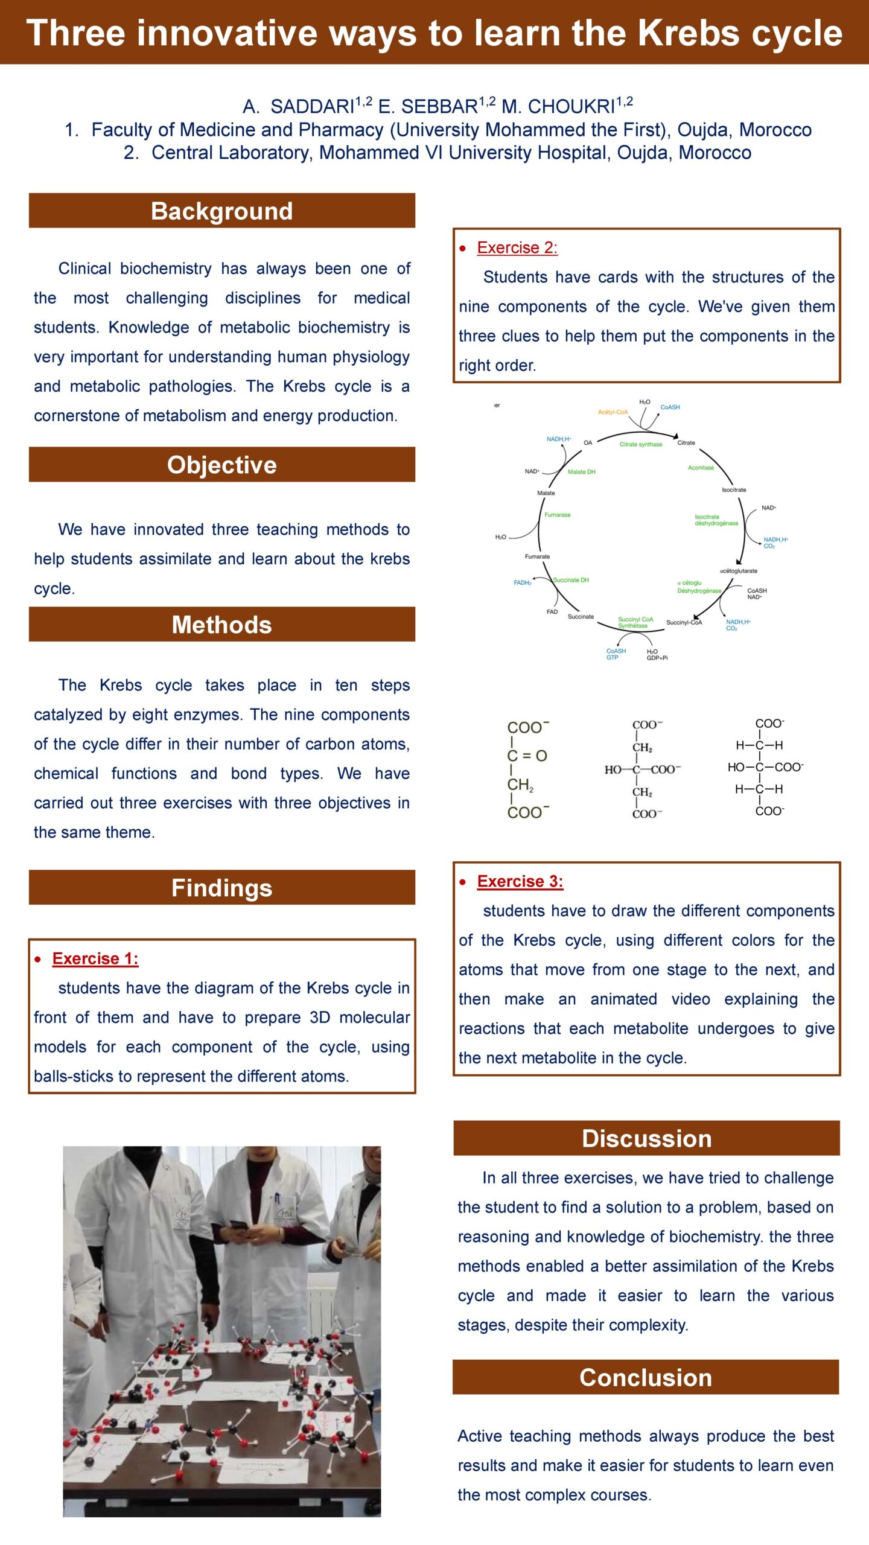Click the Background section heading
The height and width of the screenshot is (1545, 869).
221,211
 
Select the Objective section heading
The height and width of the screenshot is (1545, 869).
221,465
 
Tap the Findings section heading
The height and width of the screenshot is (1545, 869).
221,888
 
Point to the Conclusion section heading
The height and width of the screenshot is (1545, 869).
646,1378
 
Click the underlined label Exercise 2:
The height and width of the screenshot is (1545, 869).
517,247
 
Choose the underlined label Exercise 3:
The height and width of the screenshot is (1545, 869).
520,881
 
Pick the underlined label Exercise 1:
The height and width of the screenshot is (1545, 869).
95,958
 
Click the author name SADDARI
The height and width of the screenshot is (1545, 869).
312,107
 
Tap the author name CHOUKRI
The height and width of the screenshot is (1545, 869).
570,107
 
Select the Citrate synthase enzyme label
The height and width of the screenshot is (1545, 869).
640,444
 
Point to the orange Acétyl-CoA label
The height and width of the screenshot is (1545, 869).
613,412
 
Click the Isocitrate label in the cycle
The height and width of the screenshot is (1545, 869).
734,489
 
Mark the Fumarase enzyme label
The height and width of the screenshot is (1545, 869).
557,515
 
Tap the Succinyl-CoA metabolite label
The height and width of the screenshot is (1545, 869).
684,622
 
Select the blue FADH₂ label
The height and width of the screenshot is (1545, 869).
522,582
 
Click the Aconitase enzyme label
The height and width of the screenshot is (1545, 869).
701,468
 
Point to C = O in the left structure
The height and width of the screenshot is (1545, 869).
527,756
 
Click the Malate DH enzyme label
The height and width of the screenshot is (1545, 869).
581,472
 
